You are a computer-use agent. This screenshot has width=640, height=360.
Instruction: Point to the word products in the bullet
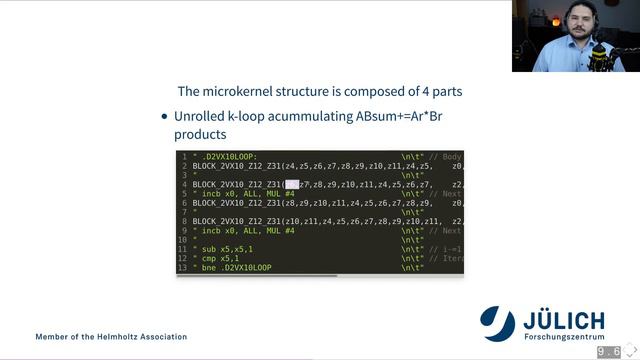[200, 133]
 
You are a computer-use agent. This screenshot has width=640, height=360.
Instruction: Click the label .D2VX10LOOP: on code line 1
[227, 157]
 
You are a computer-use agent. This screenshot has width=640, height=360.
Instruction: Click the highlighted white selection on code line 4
[292, 185]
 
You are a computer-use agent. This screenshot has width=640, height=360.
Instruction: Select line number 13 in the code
[182, 268]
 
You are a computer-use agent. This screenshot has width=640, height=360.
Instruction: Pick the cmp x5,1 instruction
[218, 258]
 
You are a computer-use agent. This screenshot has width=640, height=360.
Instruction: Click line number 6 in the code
[184, 203]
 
